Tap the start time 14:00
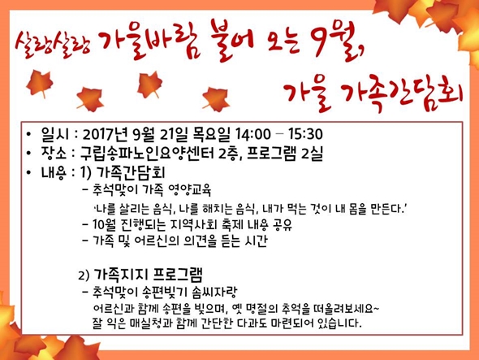click(x=253, y=134)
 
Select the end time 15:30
click(x=305, y=134)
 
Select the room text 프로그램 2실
click(x=285, y=154)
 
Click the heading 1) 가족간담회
click(x=123, y=173)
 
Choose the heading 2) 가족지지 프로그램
click(x=140, y=275)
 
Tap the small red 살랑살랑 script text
click(x=53, y=44)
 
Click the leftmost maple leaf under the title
click(x=40, y=83)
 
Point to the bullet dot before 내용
click(x=28, y=172)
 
